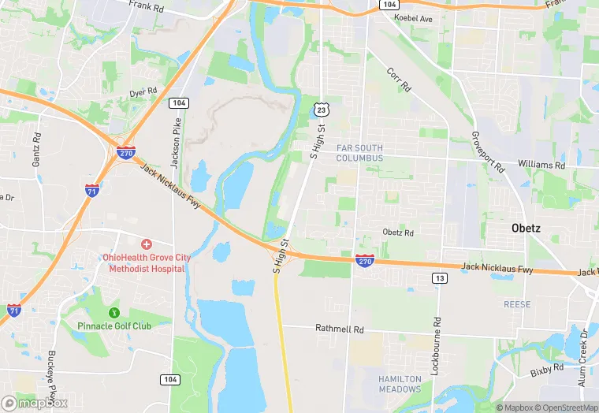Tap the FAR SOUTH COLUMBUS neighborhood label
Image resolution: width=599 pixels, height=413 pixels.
point(359,152)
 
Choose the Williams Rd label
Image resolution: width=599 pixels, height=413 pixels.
point(541,166)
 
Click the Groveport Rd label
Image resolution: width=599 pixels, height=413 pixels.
point(488,152)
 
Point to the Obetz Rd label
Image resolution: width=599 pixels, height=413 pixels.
point(398,233)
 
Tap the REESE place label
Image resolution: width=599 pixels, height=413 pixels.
point(517,304)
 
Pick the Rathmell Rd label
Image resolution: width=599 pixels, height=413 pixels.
point(339,329)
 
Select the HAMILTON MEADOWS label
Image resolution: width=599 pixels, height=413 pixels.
point(400,384)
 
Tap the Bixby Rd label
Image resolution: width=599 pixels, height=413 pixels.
point(545,368)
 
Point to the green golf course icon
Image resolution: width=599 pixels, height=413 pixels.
point(114,313)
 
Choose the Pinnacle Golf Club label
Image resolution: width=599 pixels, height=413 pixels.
point(114,326)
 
